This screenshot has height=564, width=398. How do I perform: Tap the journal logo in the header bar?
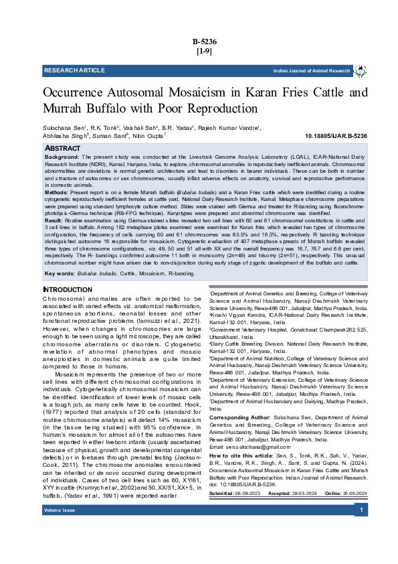tap(360, 70)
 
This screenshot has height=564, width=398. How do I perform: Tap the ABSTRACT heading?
tap(62, 147)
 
